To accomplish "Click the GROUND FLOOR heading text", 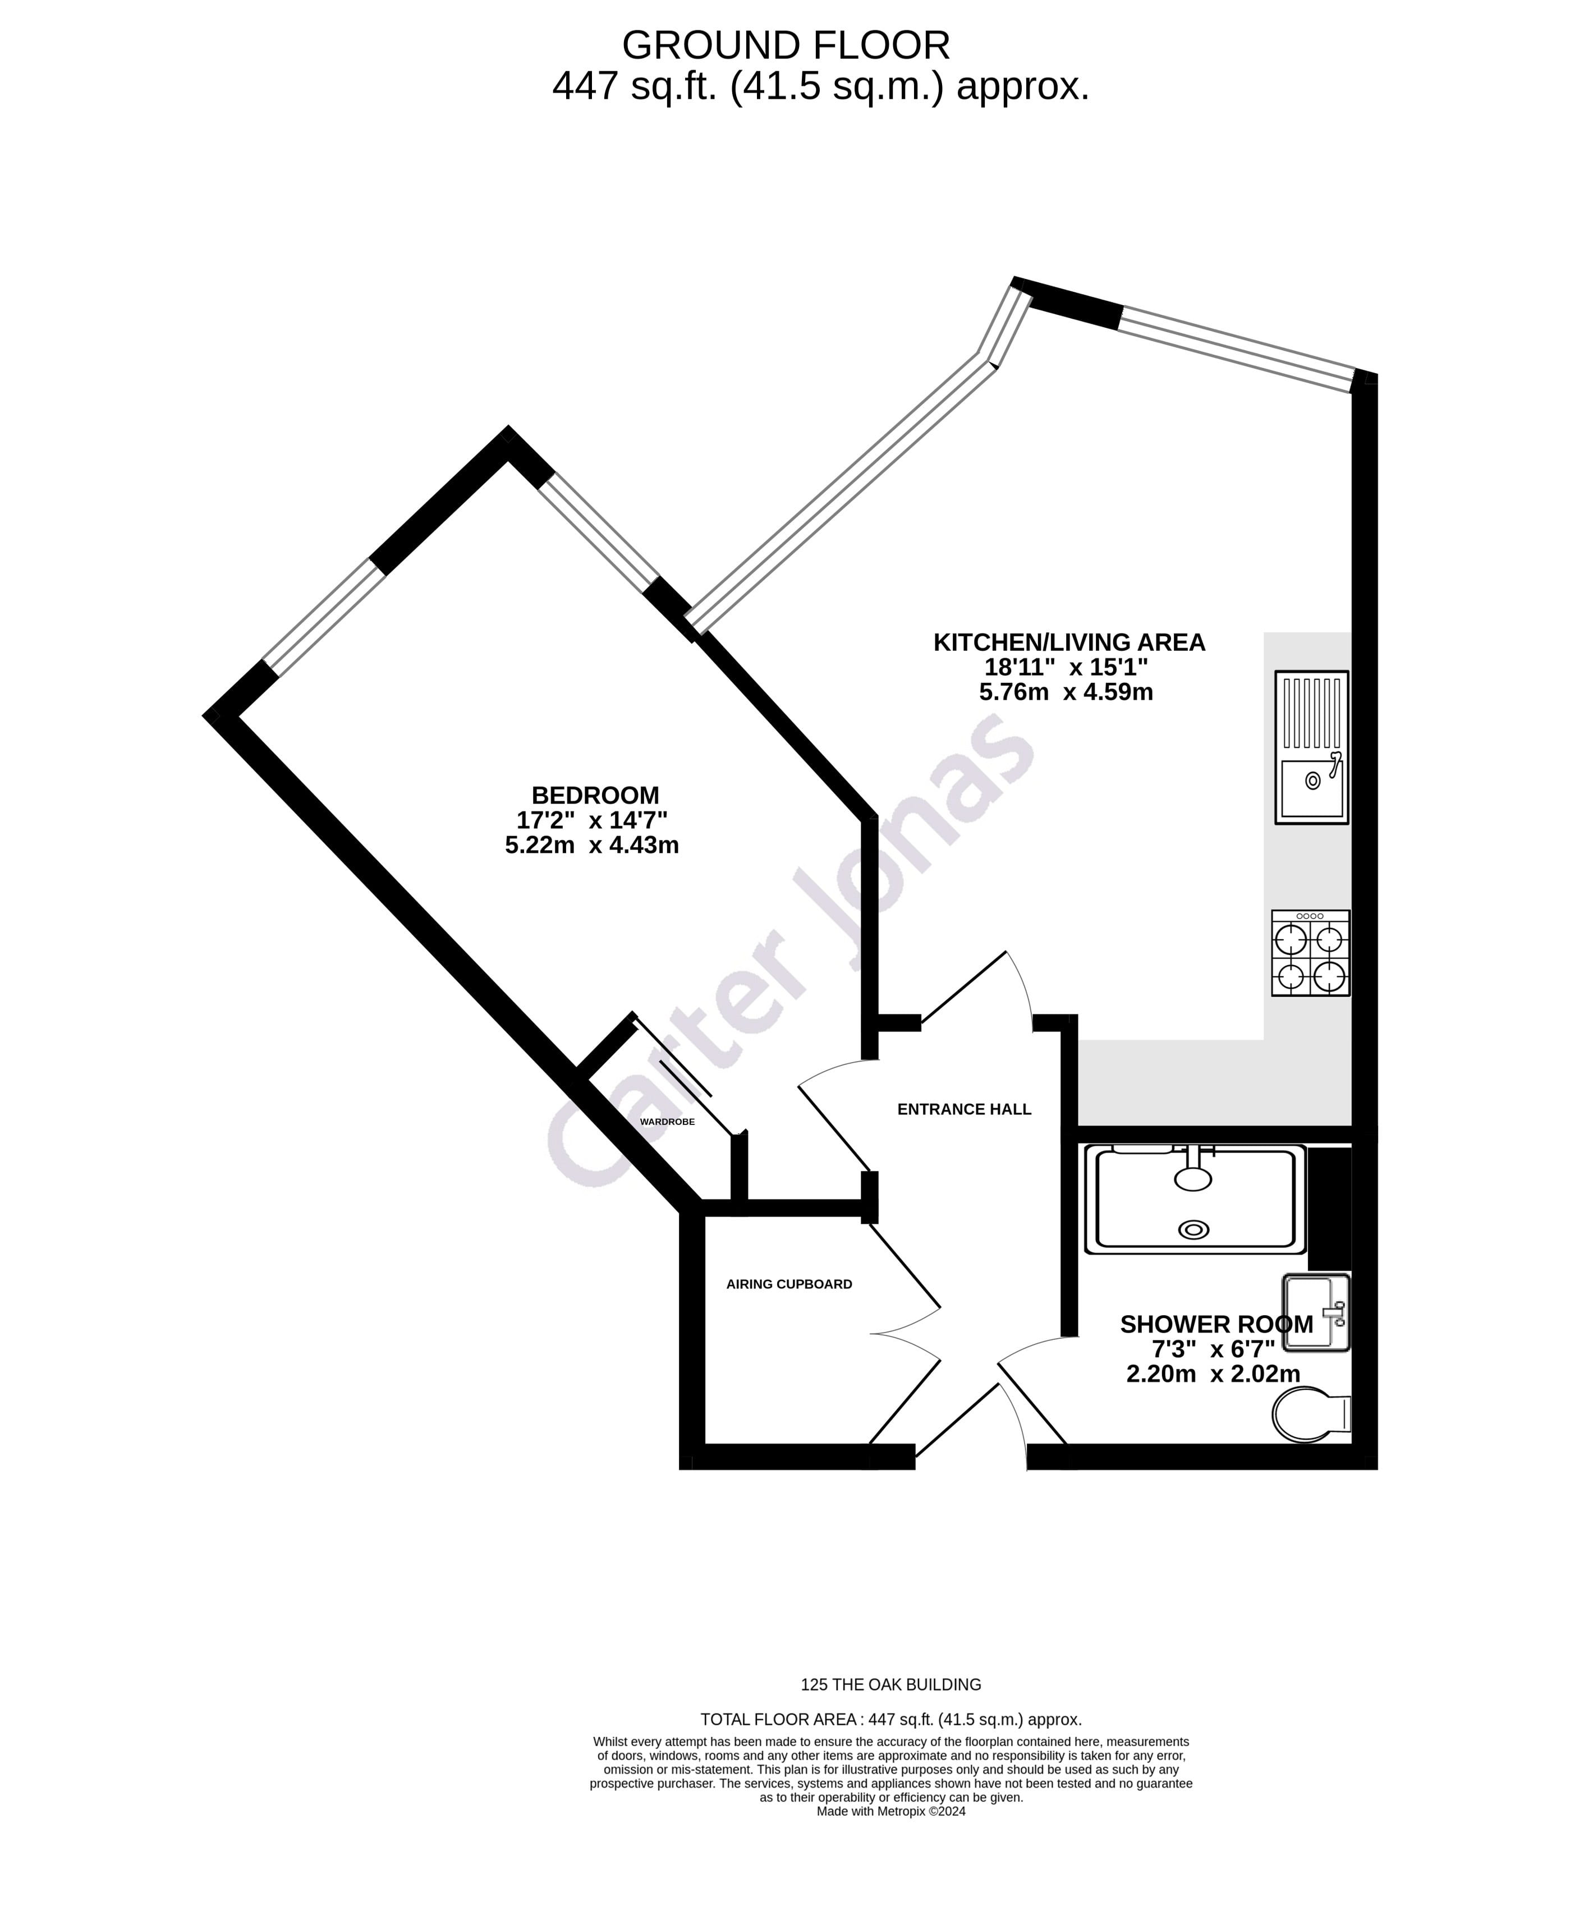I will [786, 45].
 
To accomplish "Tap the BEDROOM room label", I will [595, 795].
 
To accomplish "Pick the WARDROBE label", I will [667, 1122].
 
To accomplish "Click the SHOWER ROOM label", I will [1216, 1324].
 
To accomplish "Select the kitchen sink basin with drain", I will [1311, 788].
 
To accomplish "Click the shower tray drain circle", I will [1193, 1230].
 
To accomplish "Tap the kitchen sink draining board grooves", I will [1311, 714].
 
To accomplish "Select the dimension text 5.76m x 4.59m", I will [1065, 692].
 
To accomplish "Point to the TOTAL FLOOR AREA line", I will [890, 1720].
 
